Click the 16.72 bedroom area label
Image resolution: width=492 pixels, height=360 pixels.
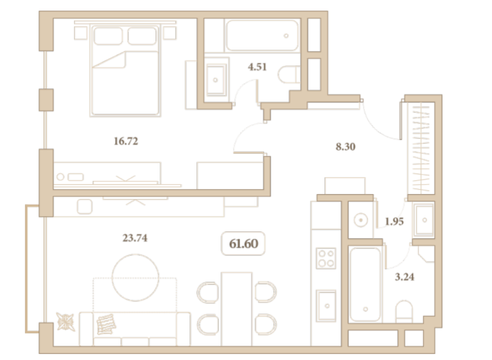click(x=126, y=141)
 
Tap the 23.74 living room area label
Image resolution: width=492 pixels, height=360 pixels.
click(x=135, y=238)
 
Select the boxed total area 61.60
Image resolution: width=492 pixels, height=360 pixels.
click(x=244, y=244)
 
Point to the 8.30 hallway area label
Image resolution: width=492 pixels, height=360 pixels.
click(x=345, y=147)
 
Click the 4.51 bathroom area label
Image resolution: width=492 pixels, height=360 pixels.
click(x=257, y=67)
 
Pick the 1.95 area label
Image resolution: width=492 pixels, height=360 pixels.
click(x=394, y=221)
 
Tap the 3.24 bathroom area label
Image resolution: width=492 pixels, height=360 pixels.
click(x=404, y=277)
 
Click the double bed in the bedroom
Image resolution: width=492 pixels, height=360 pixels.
click(x=125, y=70)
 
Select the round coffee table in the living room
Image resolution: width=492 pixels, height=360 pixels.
click(x=135, y=277)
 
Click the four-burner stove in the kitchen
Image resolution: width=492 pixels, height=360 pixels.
click(x=326, y=258)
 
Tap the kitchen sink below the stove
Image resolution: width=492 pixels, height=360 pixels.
click(x=326, y=306)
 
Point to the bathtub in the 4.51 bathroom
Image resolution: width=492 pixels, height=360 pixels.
click(x=262, y=35)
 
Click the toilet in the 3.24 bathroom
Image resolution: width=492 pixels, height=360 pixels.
click(x=404, y=312)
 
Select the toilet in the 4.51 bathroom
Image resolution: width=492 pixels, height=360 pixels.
click(x=289, y=75)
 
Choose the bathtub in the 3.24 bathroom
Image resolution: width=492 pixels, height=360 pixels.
click(x=365, y=285)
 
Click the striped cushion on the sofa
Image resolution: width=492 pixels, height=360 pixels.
click(x=106, y=324)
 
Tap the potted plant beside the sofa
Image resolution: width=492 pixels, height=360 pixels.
click(x=66, y=321)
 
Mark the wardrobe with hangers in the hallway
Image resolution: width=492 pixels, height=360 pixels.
click(x=421, y=148)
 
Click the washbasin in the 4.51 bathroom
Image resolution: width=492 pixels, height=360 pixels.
click(x=216, y=80)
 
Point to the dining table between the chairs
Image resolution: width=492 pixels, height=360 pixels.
click(x=237, y=309)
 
